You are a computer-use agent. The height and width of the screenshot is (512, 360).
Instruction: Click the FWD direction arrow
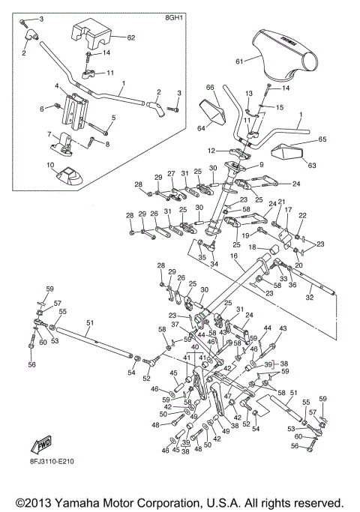[x=41, y=445]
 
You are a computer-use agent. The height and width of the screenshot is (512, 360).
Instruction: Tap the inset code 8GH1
[x=173, y=18]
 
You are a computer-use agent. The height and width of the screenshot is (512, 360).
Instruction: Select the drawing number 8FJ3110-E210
[x=51, y=461]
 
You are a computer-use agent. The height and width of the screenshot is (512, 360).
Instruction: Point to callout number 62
[x=130, y=37]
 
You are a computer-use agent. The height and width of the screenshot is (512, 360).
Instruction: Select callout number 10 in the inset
[x=50, y=165]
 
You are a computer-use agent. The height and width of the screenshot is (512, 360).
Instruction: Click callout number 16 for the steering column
[x=234, y=256]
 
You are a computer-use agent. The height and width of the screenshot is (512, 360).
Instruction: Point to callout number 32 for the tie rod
[x=309, y=297]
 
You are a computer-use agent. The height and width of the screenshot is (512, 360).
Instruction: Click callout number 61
[x=239, y=61]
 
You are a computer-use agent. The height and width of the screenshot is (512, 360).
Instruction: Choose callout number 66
[x=210, y=87]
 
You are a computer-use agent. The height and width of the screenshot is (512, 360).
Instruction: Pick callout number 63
[x=312, y=165]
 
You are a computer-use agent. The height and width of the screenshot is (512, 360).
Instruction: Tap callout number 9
[x=260, y=165]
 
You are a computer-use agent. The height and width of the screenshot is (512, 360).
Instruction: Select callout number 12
[x=211, y=151]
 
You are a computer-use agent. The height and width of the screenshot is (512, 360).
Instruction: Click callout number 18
[x=252, y=247]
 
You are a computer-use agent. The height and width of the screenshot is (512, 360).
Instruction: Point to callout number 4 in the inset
[x=57, y=86]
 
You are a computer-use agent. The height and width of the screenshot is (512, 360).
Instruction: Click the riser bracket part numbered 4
[x=76, y=111]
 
